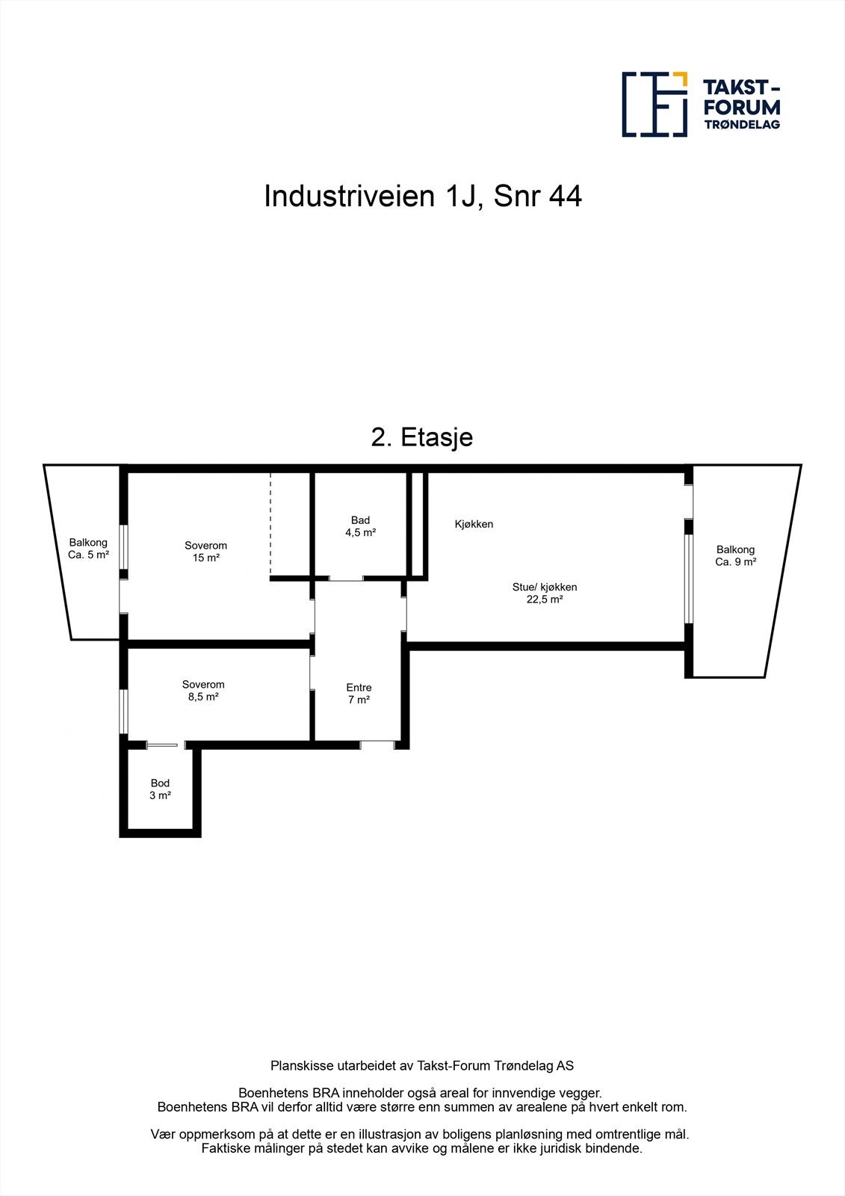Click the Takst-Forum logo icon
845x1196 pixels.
pos(654,105)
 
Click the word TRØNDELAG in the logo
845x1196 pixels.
pos(742,124)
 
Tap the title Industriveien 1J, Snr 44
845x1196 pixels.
pos(423,197)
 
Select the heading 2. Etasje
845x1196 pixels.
pos(422,437)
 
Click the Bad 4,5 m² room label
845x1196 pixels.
pos(360,526)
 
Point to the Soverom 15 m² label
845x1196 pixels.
pos(205,552)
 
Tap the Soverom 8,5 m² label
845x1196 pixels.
pos(203,690)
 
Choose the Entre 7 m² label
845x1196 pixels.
pos(359,693)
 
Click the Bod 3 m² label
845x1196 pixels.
pos(160,789)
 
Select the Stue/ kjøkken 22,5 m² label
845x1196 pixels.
pos(544,593)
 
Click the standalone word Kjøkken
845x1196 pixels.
pos(474,524)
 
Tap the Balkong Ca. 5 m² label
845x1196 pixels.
pos(88,549)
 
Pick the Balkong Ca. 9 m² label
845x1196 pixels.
pos(735,555)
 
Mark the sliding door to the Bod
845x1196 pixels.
pos(164,745)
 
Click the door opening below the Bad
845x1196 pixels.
pos(346,579)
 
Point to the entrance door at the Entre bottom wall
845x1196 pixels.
pos(377,744)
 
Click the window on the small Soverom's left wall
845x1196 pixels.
pos(124,710)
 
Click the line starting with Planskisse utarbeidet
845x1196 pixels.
pos(422,1066)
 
